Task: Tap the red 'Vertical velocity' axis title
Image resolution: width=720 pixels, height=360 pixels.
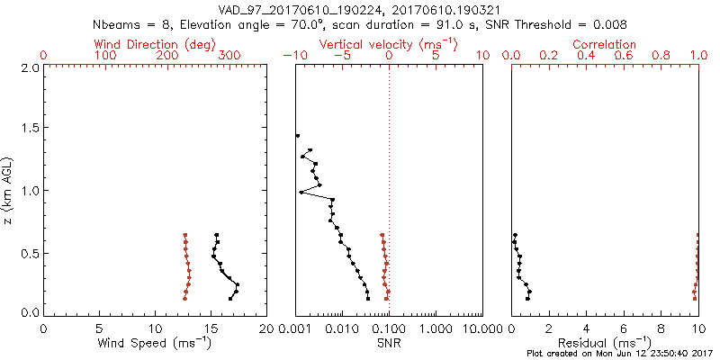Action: [x=388, y=44]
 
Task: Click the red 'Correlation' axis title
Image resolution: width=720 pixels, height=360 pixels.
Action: [x=606, y=44]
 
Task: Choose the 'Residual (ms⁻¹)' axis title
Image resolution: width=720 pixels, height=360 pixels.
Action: [x=605, y=343]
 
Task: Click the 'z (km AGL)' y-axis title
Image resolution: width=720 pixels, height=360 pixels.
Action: [x=10, y=191]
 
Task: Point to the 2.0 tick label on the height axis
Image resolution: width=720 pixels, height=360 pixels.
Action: [x=29, y=67]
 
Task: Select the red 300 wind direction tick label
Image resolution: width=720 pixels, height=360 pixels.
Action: [x=229, y=56]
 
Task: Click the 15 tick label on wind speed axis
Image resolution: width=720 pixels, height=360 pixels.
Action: [x=211, y=328]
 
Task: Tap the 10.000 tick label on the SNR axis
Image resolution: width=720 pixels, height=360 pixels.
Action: [x=481, y=328]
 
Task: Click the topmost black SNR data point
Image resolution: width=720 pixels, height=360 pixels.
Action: [x=297, y=136]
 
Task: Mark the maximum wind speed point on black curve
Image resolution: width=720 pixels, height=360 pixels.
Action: [x=237, y=285]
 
